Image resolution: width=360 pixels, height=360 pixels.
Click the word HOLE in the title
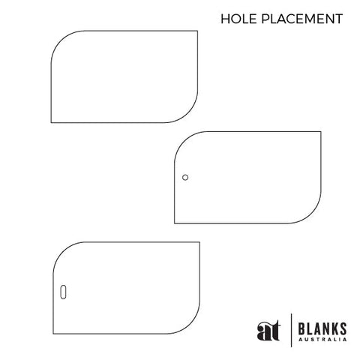click(x=238, y=19)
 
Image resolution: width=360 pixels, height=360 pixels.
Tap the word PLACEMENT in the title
click(x=302, y=19)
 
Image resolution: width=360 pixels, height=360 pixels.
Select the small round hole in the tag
click(x=185, y=177)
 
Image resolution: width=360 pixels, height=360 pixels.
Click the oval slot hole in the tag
click(x=63, y=292)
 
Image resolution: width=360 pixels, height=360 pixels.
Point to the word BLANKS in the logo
click(x=322, y=328)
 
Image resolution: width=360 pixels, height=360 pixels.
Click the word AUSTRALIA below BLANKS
click(x=322, y=340)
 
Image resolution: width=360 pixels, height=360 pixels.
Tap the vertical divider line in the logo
click(x=291, y=330)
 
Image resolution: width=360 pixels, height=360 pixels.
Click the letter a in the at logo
click(x=263, y=331)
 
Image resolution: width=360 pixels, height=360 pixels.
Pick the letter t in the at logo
click(x=274, y=330)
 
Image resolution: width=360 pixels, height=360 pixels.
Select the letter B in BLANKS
click(x=301, y=328)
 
